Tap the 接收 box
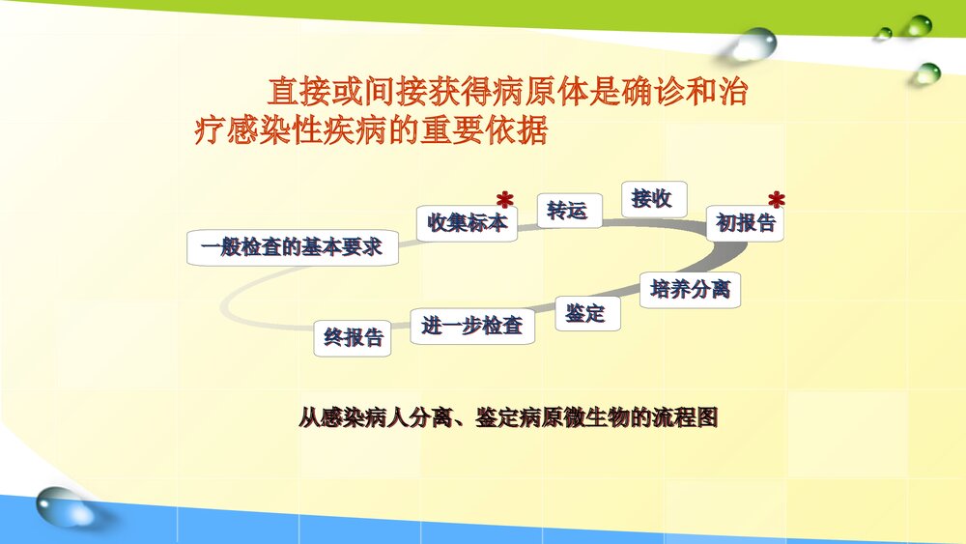point(652,199)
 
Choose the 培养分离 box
point(690,289)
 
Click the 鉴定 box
point(585,314)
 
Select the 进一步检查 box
point(472,327)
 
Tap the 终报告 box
point(353,338)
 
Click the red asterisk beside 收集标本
point(504,201)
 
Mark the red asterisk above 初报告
point(777,201)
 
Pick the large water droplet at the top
point(753,43)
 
